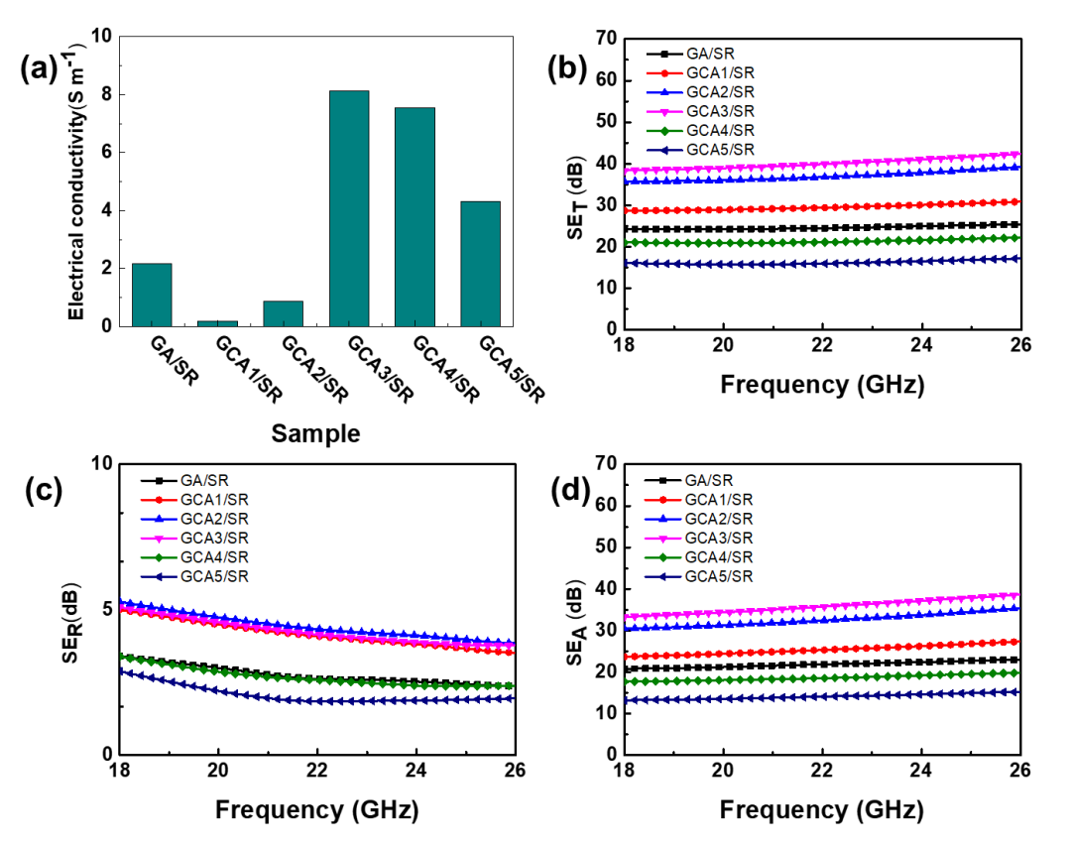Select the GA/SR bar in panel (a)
[x=152, y=295]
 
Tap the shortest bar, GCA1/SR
[x=217, y=322]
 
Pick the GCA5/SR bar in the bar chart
[x=480, y=264]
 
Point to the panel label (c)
[x=49, y=488]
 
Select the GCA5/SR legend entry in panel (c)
[x=214, y=576]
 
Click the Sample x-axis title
[x=316, y=433]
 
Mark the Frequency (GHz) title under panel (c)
[x=316, y=810]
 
